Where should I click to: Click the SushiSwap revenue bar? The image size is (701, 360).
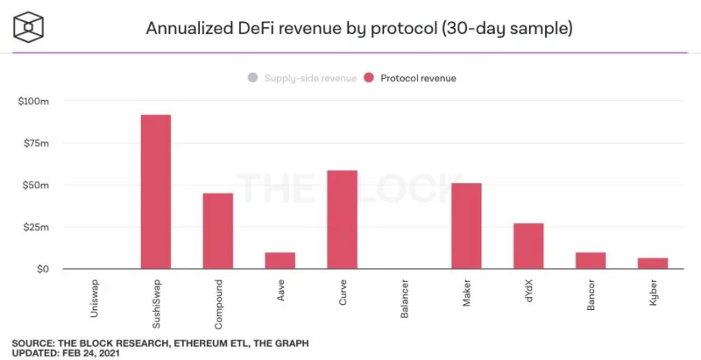(156, 192)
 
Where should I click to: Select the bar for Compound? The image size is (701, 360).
(217, 231)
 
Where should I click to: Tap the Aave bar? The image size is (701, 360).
(280, 260)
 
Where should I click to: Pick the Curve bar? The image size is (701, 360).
(342, 219)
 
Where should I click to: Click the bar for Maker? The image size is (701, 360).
(466, 226)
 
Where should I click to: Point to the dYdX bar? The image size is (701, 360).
(528, 246)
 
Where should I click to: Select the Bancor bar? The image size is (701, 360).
(591, 260)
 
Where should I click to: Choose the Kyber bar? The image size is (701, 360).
(653, 263)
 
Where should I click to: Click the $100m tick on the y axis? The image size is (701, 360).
(33, 102)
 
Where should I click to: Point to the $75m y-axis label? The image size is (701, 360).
(35, 144)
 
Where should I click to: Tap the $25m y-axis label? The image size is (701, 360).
(35, 228)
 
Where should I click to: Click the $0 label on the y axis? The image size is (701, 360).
(42, 269)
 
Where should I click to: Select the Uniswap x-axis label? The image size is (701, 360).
(94, 299)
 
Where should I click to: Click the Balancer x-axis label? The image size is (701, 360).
(405, 299)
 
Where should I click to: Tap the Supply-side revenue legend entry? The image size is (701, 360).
(302, 78)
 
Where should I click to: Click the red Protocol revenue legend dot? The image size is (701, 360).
(369, 78)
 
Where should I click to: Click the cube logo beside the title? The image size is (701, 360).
(28, 27)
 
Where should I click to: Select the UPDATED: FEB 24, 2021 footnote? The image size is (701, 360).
(66, 353)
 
